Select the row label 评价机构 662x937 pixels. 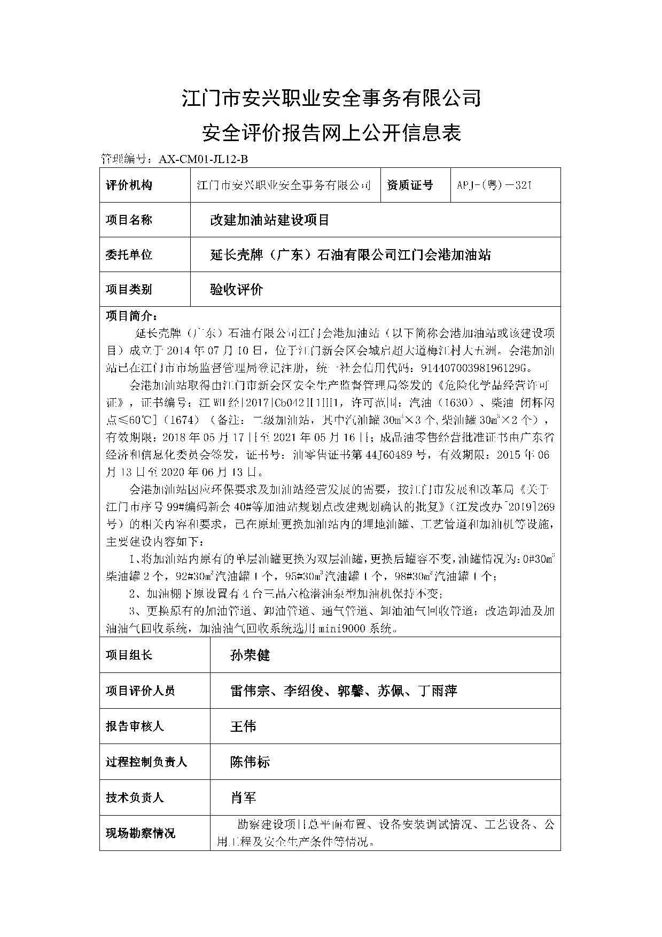[x=129, y=185]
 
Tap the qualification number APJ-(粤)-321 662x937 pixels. [x=494, y=185]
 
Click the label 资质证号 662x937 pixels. [x=410, y=185]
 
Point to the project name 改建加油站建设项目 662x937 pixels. [x=270, y=220]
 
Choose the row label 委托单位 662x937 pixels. [x=129, y=254]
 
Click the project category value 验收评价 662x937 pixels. [x=237, y=290]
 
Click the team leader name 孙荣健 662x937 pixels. [x=250, y=655]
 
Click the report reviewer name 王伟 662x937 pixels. [x=243, y=726]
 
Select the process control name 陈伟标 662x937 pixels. [x=250, y=762]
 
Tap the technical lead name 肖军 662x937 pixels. [x=243, y=797]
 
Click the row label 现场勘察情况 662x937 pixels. [x=140, y=833]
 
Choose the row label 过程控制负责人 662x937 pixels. [x=146, y=762]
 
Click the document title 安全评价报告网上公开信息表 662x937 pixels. [x=331, y=133]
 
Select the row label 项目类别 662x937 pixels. [x=129, y=290]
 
